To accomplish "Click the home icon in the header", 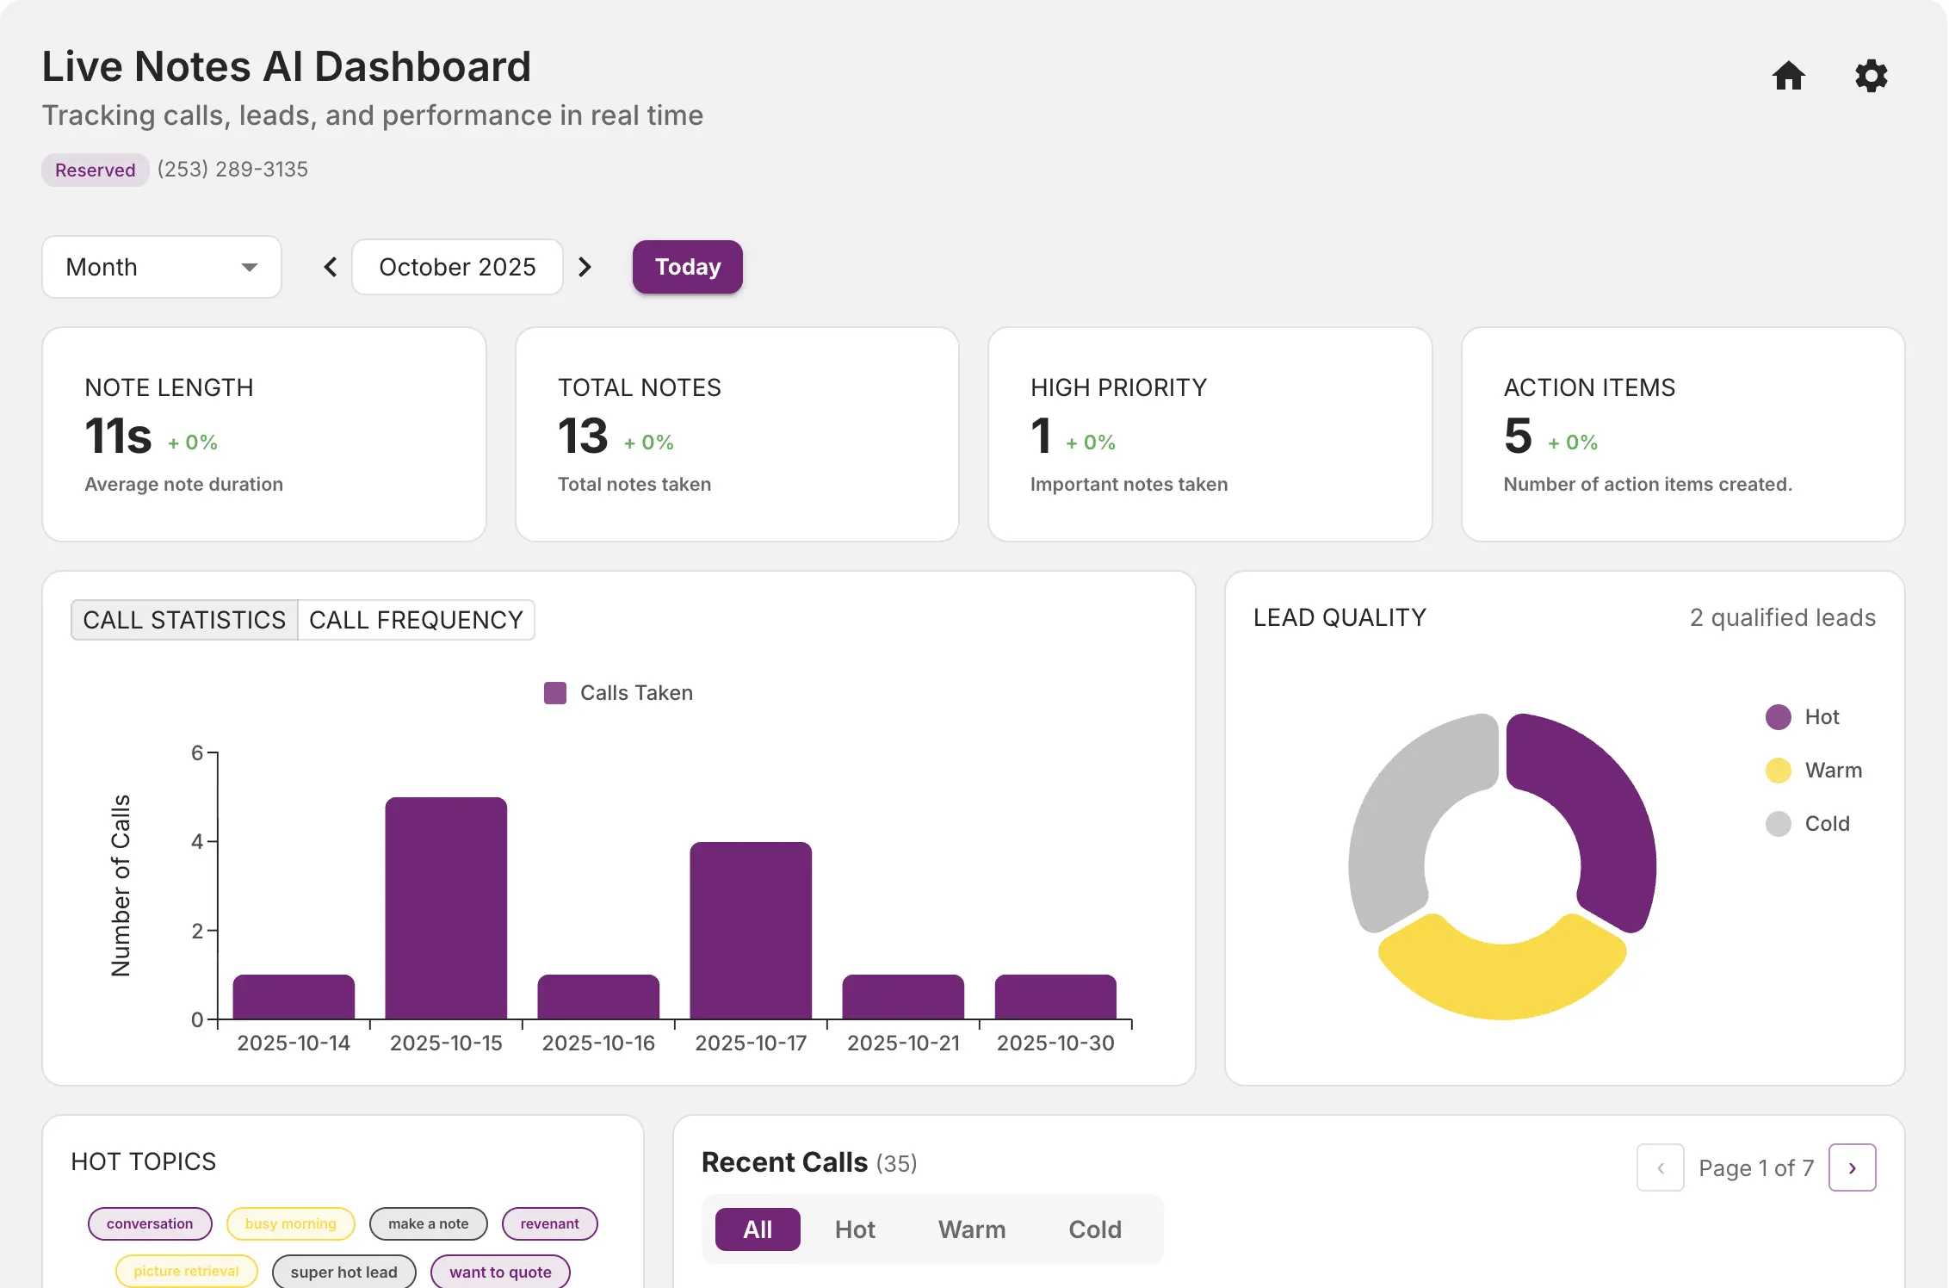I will pyautogui.click(x=1788, y=76).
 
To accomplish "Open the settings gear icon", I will pyautogui.click(x=1871, y=76).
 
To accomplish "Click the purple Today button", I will pyautogui.click(x=687, y=267).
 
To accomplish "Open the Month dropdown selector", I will pyautogui.click(x=162, y=267).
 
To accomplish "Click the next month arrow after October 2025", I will pyautogui.click(x=585, y=267).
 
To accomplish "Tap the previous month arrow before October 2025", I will pyautogui.click(x=331, y=267).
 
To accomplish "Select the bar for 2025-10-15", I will pyautogui.click(x=446, y=908).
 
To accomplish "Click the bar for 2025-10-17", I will pyautogui.click(x=751, y=930).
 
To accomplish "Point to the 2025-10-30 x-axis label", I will pyautogui.click(x=1055, y=1043).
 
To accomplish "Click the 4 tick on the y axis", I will pyautogui.click(x=198, y=841).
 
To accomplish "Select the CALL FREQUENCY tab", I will pyautogui.click(x=416, y=620).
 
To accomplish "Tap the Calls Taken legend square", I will pyautogui.click(x=555, y=693).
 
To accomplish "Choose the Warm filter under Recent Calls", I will pyautogui.click(x=971, y=1229).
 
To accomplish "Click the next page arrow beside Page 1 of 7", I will pyautogui.click(x=1852, y=1167).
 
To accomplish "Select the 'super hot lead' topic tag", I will pyautogui.click(x=343, y=1272).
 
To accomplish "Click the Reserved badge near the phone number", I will pyautogui.click(x=95, y=170).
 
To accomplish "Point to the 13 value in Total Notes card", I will pyautogui.click(x=583, y=436).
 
